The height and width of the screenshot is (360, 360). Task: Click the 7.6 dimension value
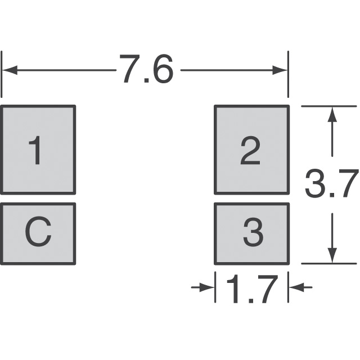coord(145,70)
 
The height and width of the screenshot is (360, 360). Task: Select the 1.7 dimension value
coord(251,289)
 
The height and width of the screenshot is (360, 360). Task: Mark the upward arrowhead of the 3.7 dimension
coord(332,114)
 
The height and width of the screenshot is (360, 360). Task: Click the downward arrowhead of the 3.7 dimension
coord(332,255)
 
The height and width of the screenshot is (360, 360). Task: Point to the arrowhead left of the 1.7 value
coord(208,287)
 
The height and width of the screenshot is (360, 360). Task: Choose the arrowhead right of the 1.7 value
coord(295,287)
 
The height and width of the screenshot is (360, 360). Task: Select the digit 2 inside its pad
coord(251,150)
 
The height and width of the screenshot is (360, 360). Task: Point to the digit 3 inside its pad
coord(253,233)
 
